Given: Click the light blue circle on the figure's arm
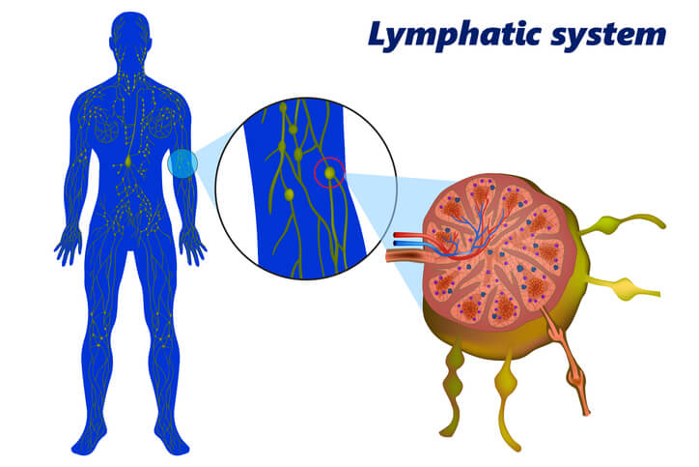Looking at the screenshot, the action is tap(182, 163).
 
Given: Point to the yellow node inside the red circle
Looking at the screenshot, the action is tap(331, 173).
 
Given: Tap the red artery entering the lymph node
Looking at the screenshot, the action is tap(410, 235).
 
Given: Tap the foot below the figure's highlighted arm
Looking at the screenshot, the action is tap(174, 442).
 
